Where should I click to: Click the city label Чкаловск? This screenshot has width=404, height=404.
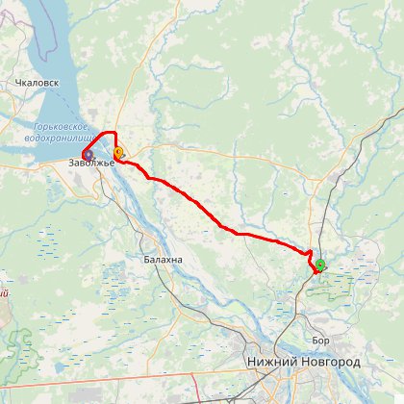click(x=38, y=83)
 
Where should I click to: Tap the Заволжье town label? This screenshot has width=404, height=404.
click(x=91, y=163)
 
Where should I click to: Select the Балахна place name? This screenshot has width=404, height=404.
click(x=161, y=260)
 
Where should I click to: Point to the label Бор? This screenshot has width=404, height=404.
click(x=321, y=340)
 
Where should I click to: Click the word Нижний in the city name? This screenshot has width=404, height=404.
click(x=272, y=362)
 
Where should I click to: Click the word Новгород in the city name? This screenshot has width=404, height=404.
click(x=330, y=362)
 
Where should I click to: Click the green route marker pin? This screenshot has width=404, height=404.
click(x=319, y=264)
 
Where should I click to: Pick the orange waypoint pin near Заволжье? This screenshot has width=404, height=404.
click(x=118, y=152)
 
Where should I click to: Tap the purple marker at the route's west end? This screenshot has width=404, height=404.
click(x=87, y=153)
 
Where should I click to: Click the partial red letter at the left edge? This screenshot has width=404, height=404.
click(x=3, y=292)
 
